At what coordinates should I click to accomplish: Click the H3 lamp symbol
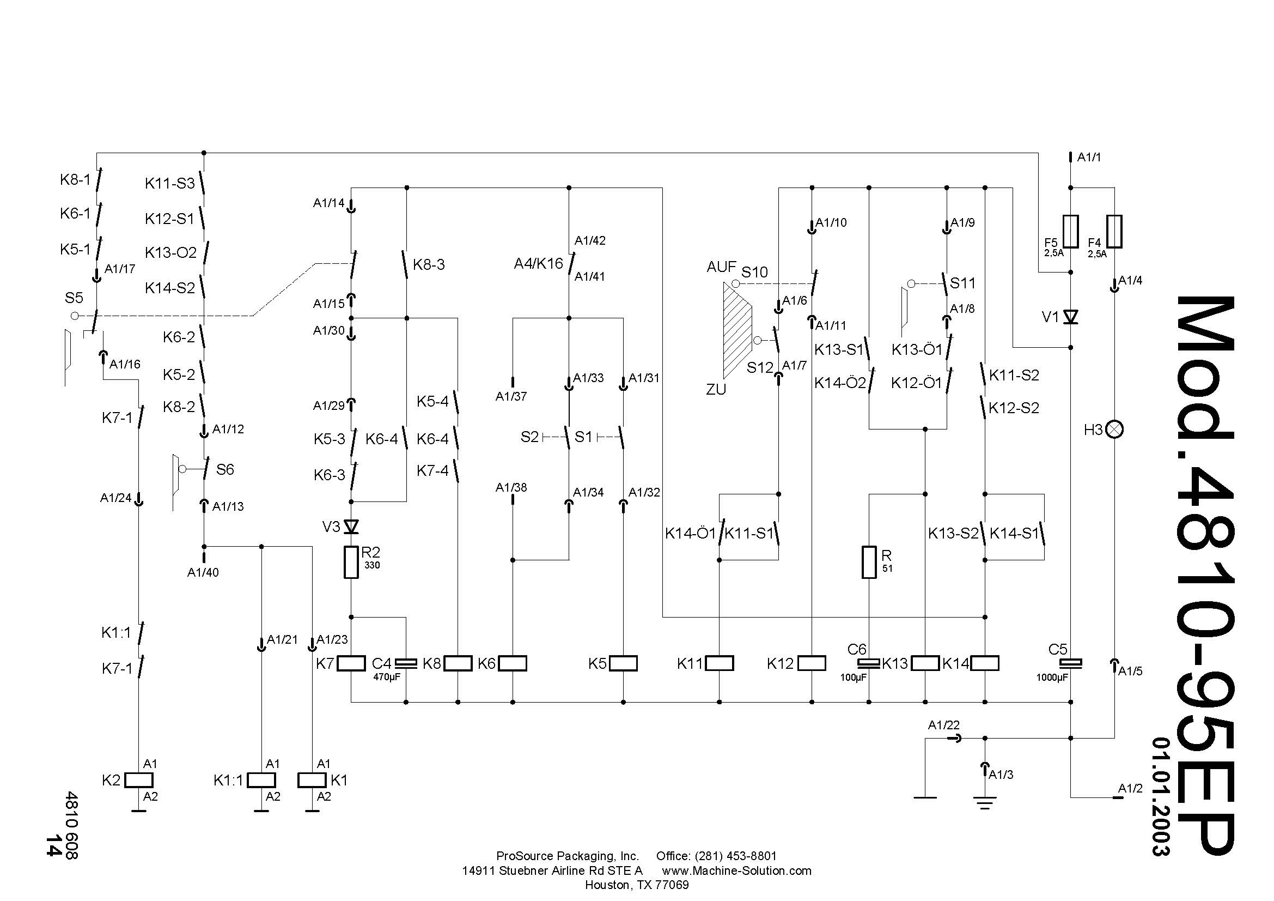click(1114, 430)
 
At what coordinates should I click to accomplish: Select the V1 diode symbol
click(1070, 317)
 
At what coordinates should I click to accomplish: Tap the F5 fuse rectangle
click(1070, 232)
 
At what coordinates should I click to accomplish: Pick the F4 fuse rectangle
click(1114, 232)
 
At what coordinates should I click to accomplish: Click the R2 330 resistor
click(351, 563)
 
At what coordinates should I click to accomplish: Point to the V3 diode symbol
click(351, 527)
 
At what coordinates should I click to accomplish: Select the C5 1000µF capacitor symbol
click(1070, 663)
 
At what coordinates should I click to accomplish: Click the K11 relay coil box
click(719, 663)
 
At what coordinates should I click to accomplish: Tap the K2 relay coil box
click(139, 780)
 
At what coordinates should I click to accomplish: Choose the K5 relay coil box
click(623, 663)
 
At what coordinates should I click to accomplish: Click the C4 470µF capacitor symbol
click(406, 663)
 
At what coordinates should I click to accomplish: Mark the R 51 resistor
click(869, 563)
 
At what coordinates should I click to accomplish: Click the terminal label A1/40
click(203, 572)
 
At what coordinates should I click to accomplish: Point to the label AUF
click(721, 267)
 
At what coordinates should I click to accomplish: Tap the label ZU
click(716, 390)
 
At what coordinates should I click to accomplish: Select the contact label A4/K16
click(538, 264)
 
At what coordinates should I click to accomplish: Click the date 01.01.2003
click(1161, 797)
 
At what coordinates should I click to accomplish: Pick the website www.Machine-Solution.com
click(737, 870)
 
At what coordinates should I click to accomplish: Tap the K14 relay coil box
click(985, 663)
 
